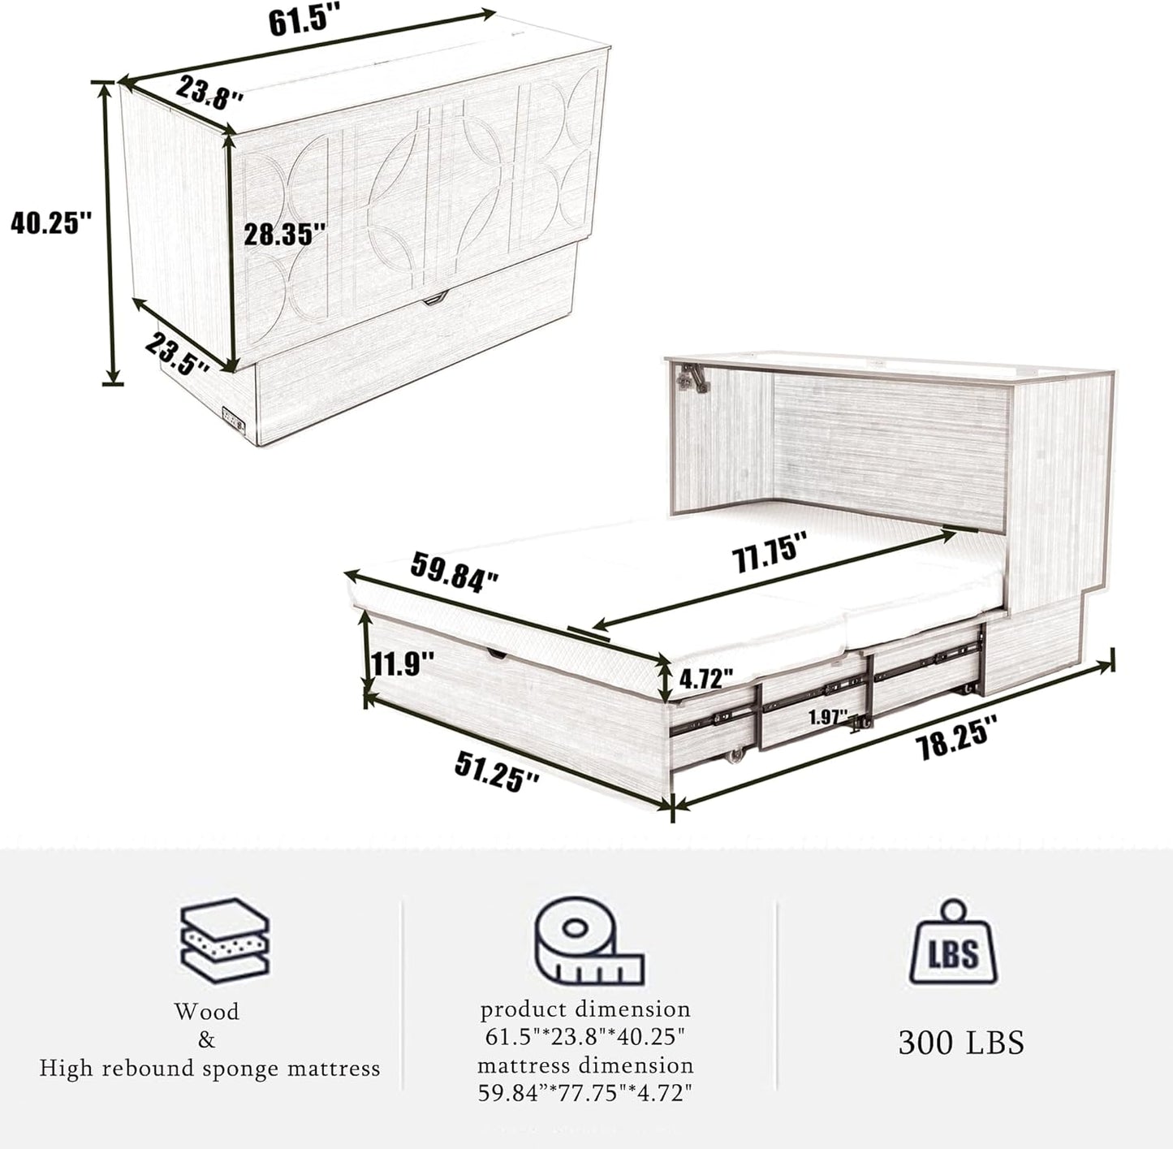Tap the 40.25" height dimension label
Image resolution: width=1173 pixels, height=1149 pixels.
[51, 222]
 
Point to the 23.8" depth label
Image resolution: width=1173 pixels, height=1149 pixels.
[209, 93]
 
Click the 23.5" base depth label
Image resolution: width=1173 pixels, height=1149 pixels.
[178, 352]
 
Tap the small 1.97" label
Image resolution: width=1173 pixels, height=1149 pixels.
[827, 716]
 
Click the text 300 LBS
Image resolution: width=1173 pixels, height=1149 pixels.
[960, 1042]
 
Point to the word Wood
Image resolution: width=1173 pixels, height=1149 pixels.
[206, 1012]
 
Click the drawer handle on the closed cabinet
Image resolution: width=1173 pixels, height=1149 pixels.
[435, 300]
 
